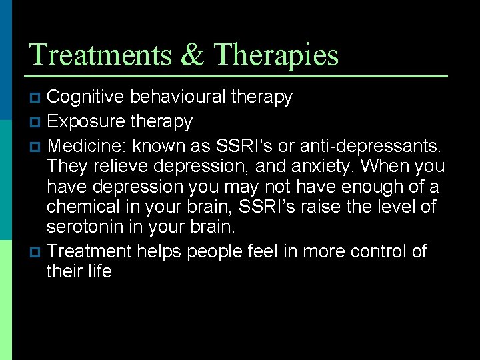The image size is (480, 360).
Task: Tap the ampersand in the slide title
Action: [x=193, y=55]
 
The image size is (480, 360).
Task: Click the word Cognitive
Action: [x=85, y=97]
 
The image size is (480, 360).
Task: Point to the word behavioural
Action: [x=177, y=97]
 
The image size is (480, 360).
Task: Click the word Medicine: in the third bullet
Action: [x=87, y=145]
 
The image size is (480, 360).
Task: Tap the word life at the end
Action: [x=99, y=271]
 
